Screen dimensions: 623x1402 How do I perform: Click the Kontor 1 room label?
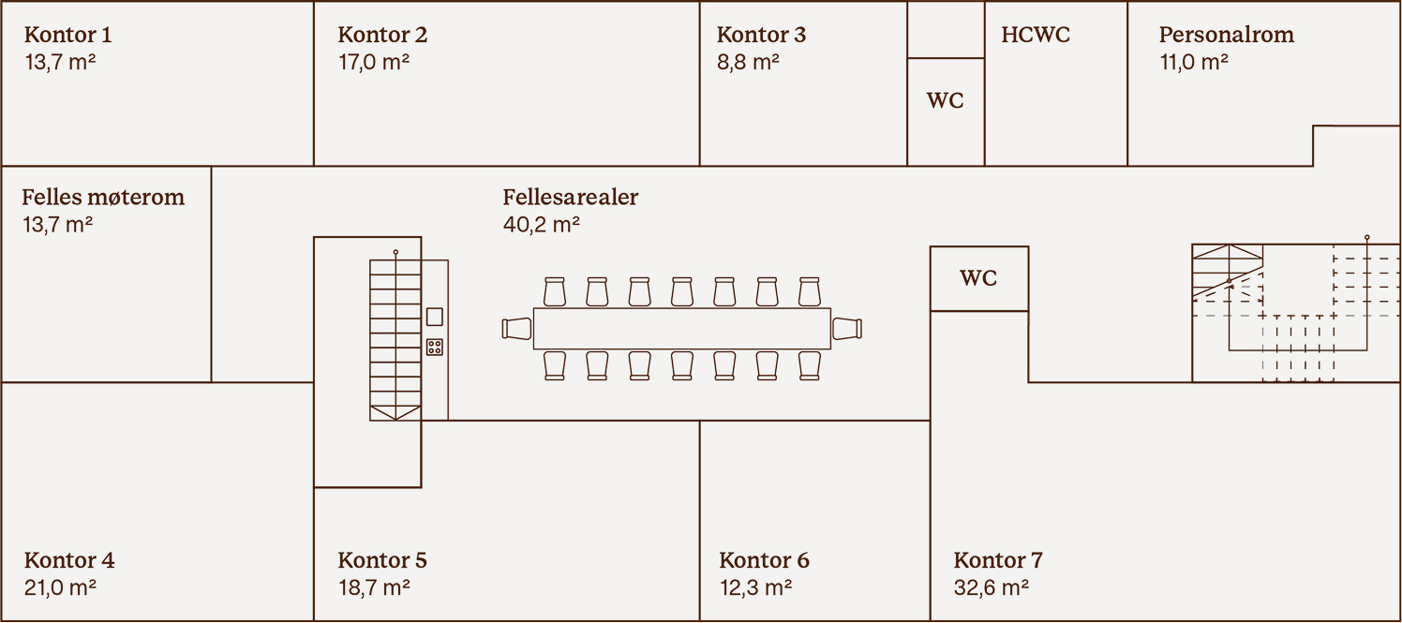point(67,36)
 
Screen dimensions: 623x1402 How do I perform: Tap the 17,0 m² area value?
point(373,63)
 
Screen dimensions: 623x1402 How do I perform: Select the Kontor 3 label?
point(761,36)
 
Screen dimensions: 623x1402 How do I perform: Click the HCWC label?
point(1036,36)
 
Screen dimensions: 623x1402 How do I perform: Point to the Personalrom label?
point(1226,36)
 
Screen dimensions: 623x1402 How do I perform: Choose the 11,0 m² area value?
point(1193,63)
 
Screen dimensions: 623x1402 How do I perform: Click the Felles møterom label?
point(103,198)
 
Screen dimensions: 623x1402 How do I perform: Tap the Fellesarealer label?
point(570,198)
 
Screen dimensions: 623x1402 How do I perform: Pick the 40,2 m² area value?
point(541,225)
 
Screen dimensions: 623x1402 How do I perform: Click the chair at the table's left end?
point(516,329)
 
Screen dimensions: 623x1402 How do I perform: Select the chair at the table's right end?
point(846,329)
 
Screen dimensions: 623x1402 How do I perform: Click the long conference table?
point(681,329)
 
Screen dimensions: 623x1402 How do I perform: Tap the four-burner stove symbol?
point(435,347)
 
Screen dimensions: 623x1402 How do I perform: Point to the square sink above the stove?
point(435,317)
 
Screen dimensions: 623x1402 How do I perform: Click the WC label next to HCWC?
point(945,101)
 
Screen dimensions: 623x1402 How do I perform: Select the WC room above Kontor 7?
point(978,278)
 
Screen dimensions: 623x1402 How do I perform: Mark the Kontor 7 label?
point(998,561)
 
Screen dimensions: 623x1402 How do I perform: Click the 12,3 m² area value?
point(755,588)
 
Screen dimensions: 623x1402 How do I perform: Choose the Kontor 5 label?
point(382,561)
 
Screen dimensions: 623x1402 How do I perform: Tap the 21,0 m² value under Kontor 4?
point(60,588)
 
